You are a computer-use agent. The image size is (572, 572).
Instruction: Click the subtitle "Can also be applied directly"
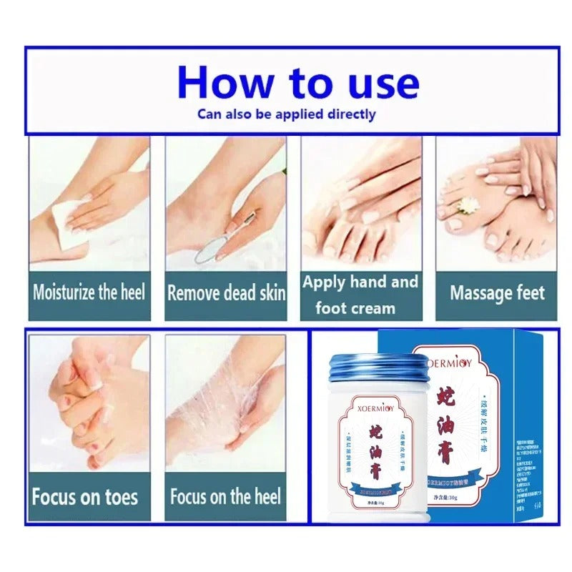click(x=286, y=114)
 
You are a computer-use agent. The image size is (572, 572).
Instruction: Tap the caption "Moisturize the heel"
click(x=89, y=292)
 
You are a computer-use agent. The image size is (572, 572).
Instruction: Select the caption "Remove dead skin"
click(x=226, y=292)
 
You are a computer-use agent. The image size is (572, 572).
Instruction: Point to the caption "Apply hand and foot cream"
click(x=360, y=295)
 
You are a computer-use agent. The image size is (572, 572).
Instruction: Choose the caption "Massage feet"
click(x=497, y=292)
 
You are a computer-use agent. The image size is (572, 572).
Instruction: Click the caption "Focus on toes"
click(x=85, y=496)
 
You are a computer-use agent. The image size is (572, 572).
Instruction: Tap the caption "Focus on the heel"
click(x=225, y=496)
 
